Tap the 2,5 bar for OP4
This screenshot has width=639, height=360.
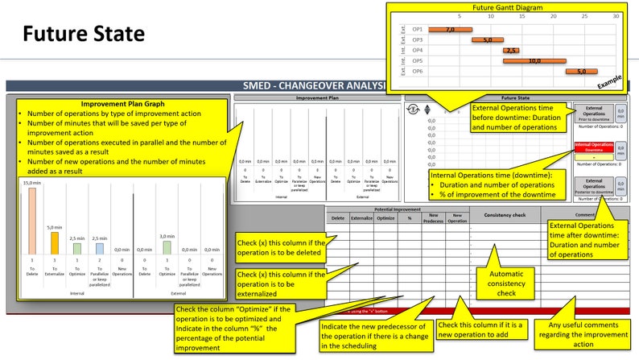[x=511, y=50]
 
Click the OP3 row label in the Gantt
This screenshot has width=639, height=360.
[x=418, y=39]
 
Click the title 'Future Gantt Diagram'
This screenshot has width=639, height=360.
[x=506, y=6]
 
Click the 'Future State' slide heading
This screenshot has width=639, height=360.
[x=83, y=34]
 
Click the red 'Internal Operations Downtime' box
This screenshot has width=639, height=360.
[x=594, y=149]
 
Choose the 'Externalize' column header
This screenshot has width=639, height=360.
[x=361, y=218]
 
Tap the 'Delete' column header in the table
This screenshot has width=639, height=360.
[x=338, y=218]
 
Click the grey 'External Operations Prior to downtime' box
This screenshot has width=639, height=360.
[x=593, y=114]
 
